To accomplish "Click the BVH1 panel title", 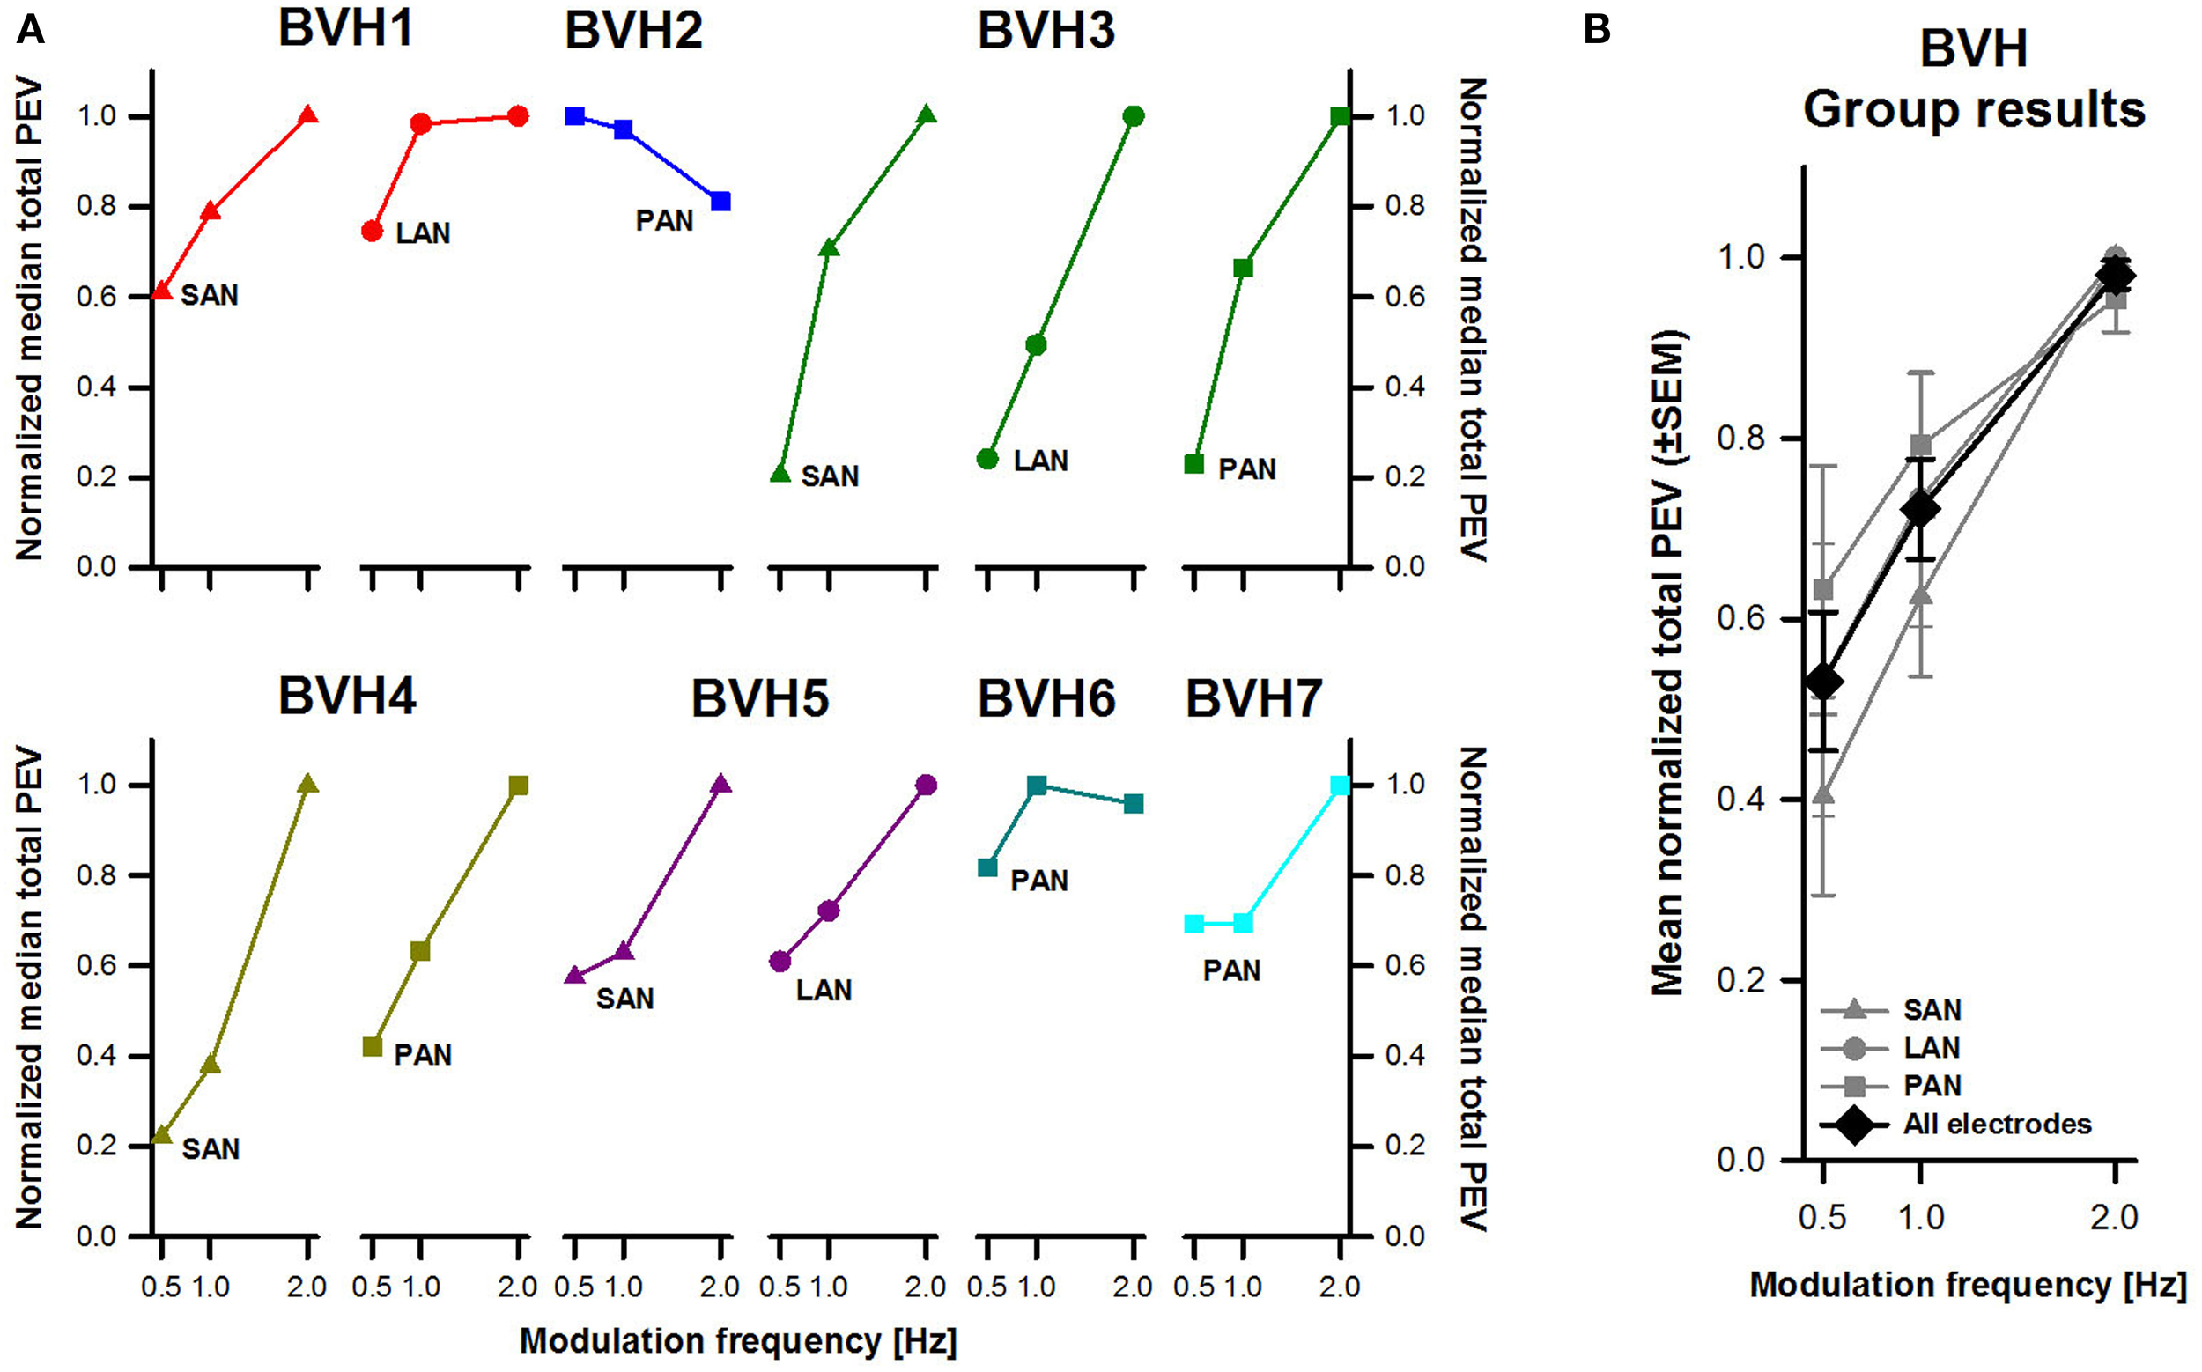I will (x=346, y=28).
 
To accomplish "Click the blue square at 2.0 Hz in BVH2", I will (x=720, y=202).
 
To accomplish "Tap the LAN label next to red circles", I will (x=423, y=233).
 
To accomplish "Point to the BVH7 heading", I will (x=1253, y=698).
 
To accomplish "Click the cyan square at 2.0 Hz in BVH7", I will (x=1340, y=785).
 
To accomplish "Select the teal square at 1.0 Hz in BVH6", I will (x=1037, y=785).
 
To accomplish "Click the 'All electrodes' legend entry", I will (x=1997, y=1125).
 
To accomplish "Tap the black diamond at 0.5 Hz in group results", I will (x=1823, y=682).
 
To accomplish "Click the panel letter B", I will (x=1597, y=30).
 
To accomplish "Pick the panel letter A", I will (x=30, y=30).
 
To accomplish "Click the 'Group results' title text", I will (x=1973, y=110).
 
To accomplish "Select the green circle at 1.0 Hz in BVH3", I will (x=1036, y=345).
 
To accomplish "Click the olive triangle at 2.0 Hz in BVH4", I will (x=307, y=784).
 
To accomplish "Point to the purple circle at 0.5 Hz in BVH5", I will (x=780, y=961).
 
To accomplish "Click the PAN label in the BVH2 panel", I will (x=663, y=220).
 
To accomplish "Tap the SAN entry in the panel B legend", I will (x=1932, y=1010).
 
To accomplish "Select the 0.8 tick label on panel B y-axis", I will (x=1740, y=438).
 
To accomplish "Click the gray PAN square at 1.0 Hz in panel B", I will (x=1921, y=445).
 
